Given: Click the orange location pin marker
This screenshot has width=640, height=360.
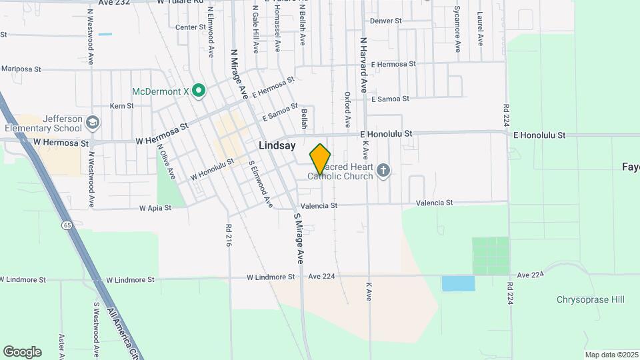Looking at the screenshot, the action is pos(321,159).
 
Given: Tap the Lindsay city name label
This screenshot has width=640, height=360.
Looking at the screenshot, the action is pos(276,145).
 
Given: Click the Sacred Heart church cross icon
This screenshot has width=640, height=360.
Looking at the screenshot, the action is pos(383,171).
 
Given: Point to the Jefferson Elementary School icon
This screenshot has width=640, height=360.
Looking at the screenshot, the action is pos(92,123).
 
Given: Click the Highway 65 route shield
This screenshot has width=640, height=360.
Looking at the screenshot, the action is pos(68,226).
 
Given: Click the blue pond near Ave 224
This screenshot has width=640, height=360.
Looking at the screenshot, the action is pos(458,283).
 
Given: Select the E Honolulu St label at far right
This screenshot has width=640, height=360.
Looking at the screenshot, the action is pos(539,135).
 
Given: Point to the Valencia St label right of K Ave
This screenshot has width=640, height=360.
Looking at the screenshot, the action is pos(434,203).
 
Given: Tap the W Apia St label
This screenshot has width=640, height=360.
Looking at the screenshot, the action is pos(155,208).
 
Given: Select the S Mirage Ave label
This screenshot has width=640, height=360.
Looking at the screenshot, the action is pos(299,238).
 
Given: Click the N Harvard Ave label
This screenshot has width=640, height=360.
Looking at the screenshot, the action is pos(364,65).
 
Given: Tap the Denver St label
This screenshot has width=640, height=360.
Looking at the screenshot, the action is pos(385,21).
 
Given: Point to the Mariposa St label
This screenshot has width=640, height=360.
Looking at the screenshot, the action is pos(21,69).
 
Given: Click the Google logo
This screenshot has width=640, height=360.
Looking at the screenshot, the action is pos(22,352).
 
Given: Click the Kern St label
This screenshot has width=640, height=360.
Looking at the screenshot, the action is pos(122,106).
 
